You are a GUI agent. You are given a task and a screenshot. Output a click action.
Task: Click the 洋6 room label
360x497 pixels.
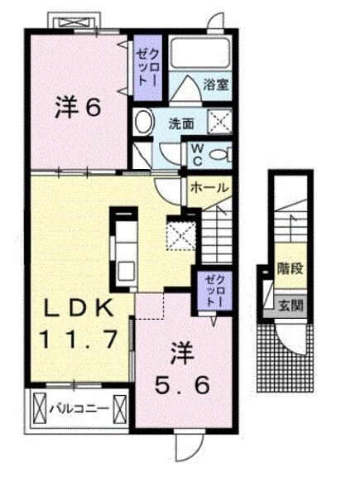pos(79,108)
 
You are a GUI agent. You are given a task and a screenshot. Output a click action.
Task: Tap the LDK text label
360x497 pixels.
pos(78,307)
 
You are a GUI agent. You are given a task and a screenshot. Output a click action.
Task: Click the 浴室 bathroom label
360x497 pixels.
pos(216,84)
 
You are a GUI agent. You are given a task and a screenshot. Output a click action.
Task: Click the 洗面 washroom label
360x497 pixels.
pos(181,124)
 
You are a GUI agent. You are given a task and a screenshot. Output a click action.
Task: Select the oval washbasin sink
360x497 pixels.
pos(144,124)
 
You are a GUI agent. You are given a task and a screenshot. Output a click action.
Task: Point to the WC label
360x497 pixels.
pos(199,153)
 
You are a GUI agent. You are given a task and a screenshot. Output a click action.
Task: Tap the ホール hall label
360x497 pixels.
pos(209,188)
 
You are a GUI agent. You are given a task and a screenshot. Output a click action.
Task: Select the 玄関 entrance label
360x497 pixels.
pos(290,305)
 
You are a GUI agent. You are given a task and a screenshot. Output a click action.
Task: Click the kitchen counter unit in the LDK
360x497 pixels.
pos(127,248)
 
